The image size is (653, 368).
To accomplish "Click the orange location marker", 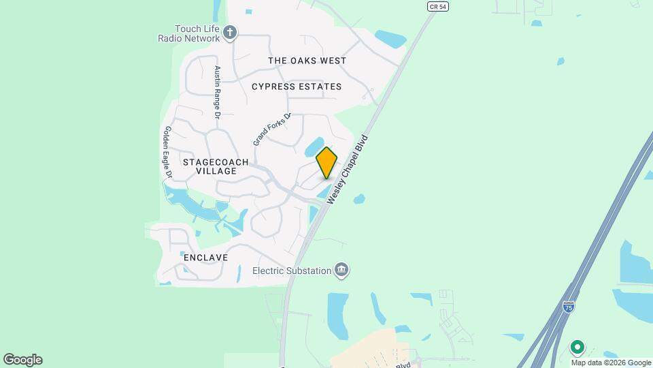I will (327, 163).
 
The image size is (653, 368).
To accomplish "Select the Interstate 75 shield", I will (567, 308).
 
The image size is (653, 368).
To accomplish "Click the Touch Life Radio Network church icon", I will (230, 32).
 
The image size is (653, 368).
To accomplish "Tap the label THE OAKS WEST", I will (307, 61).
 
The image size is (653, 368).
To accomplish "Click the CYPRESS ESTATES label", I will (297, 87).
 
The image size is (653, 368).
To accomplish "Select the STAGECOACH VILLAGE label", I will (216, 166).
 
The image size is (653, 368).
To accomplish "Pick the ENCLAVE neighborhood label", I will (205, 258).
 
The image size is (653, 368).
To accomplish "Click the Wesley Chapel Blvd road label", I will (351, 168).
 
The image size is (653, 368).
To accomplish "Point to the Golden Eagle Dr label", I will (168, 153).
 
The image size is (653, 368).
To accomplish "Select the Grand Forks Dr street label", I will (271, 129).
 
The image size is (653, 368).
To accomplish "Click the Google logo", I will (22, 360).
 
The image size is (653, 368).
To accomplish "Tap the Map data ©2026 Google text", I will (612, 363).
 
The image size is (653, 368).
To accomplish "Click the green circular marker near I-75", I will (577, 348).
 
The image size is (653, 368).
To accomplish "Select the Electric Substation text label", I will (291, 271).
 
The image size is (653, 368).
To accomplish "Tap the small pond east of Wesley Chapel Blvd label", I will (359, 199).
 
